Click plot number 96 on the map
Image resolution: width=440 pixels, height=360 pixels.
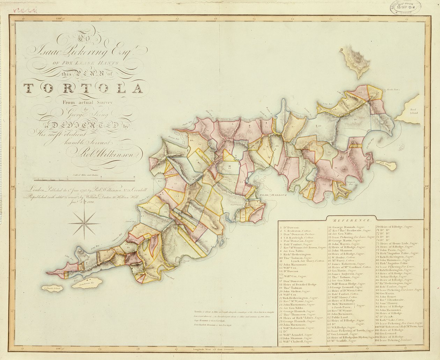pyautogui.click(x=336, y=168)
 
